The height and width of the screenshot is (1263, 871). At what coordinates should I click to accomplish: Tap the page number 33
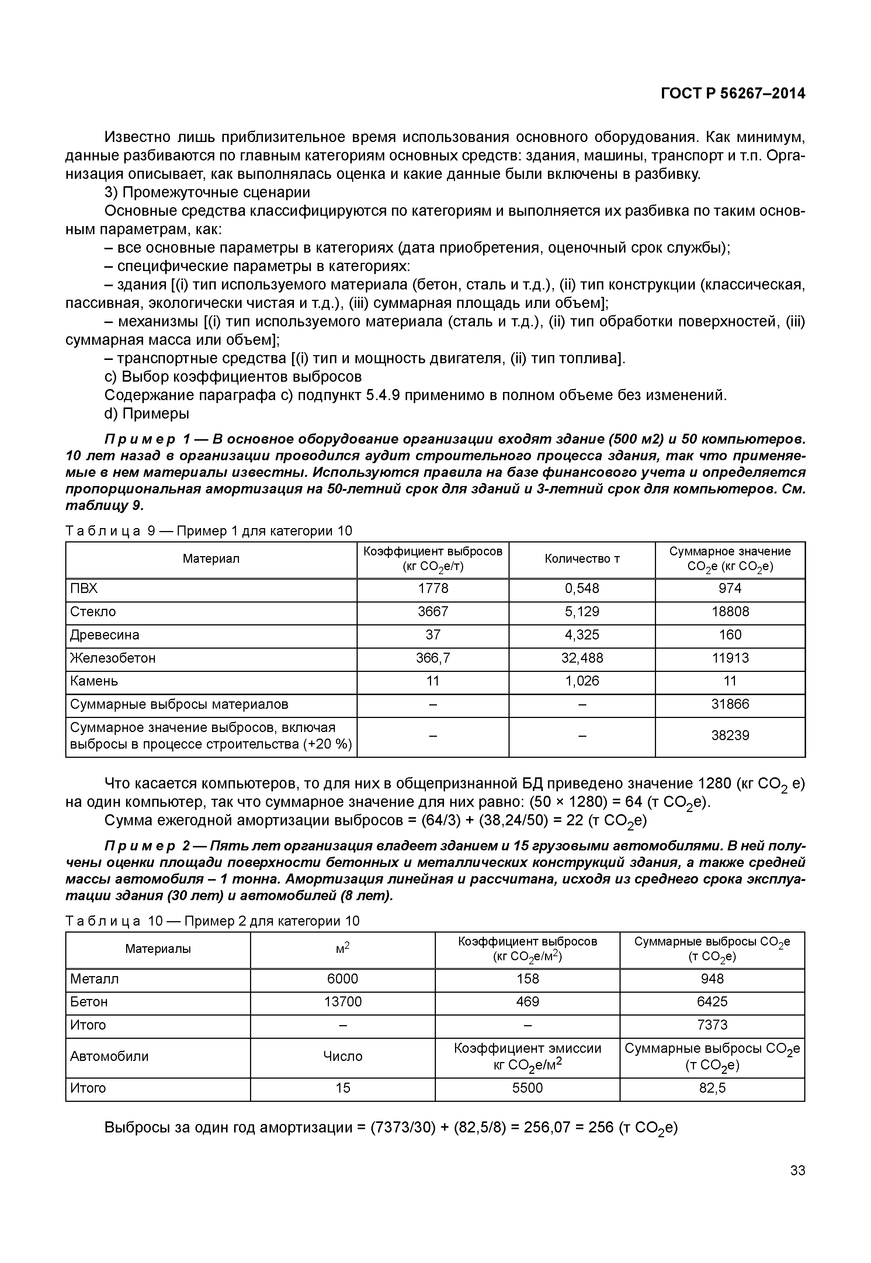point(797,1170)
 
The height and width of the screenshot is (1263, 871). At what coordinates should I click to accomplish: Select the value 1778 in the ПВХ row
point(433,589)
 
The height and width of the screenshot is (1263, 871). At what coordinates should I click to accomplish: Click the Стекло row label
point(93,612)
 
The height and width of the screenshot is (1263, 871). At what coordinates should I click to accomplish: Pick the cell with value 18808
point(730,612)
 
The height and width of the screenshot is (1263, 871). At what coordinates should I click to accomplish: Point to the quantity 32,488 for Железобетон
point(582,658)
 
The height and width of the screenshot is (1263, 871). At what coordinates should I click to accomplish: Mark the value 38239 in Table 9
point(730,736)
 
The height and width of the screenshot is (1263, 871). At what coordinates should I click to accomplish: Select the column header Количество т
point(582,559)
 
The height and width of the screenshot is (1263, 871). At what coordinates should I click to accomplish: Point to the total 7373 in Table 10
point(712,1025)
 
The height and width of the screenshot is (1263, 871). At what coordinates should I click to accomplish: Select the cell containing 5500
point(527,1088)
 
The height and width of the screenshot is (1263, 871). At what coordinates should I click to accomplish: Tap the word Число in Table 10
point(343,1057)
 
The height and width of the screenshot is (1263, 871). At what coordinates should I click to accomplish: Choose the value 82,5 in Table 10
point(712,1088)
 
